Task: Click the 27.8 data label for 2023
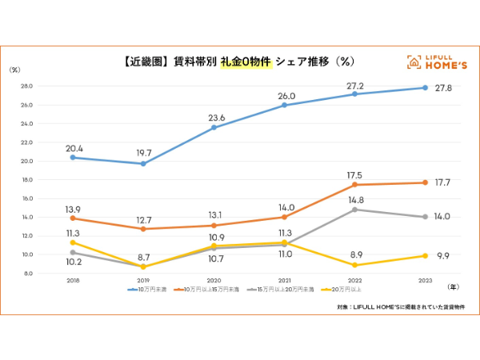coord(443,88)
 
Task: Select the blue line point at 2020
coord(214,127)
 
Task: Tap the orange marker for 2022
coord(355,185)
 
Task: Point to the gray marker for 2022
coord(355,210)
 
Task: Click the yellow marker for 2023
coord(426,256)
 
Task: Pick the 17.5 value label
coord(354,175)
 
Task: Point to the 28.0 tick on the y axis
coord(26,86)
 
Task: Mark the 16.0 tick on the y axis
coord(26,198)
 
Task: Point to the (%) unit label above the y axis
coord(15,70)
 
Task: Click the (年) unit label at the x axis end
coord(453,286)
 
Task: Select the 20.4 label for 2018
coord(73,148)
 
